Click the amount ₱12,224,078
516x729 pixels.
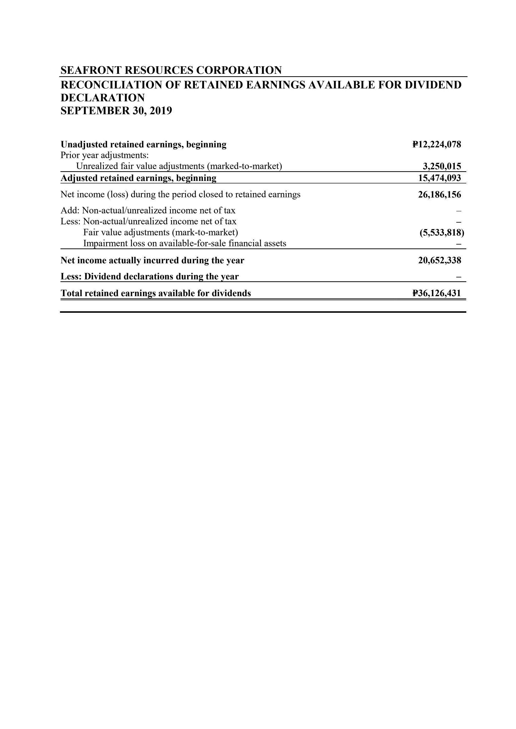coord(437,144)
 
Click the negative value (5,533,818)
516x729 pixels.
coord(442,233)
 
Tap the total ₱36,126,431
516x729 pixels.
coord(437,293)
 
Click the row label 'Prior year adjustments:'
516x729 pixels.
coord(105,156)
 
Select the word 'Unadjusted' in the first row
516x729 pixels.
coord(84,144)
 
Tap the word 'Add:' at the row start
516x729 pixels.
coord(70,210)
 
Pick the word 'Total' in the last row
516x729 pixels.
coord(71,293)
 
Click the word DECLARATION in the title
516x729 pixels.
coord(102,98)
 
